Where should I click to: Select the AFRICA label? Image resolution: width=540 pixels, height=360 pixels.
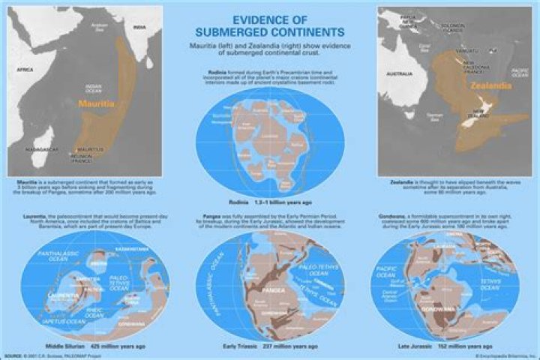[25, 69]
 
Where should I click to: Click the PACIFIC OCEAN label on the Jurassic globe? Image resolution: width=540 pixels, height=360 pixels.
[387, 268]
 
